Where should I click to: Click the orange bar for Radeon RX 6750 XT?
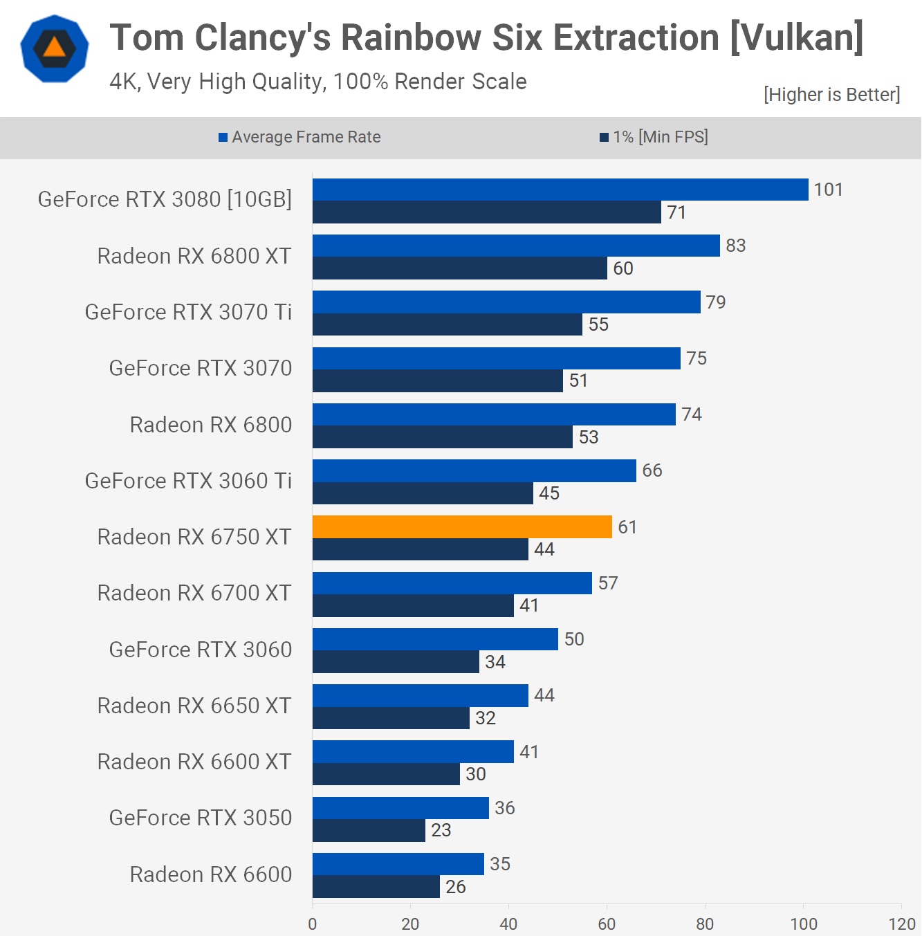pos(462,526)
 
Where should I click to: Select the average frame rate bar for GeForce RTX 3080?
pos(560,190)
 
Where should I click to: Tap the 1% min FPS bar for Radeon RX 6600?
pos(376,886)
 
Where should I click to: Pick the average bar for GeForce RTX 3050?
pos(400,808)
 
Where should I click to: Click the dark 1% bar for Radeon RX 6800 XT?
pos(460,268)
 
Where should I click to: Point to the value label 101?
pos(828,190)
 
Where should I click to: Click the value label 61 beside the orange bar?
pos(627,527)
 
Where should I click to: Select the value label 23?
pos(441,830)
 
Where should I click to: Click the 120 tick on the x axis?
pos(901,924)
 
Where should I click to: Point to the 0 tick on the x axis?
pos(313,924)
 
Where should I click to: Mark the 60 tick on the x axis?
pos(607,924)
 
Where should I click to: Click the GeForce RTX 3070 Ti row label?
pos(188,312)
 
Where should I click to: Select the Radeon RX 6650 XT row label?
pos(194,706)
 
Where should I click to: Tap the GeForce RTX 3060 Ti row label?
pos(188,481)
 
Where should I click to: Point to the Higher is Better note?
pos(831,95)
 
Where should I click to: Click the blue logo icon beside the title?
pos(55,48)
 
